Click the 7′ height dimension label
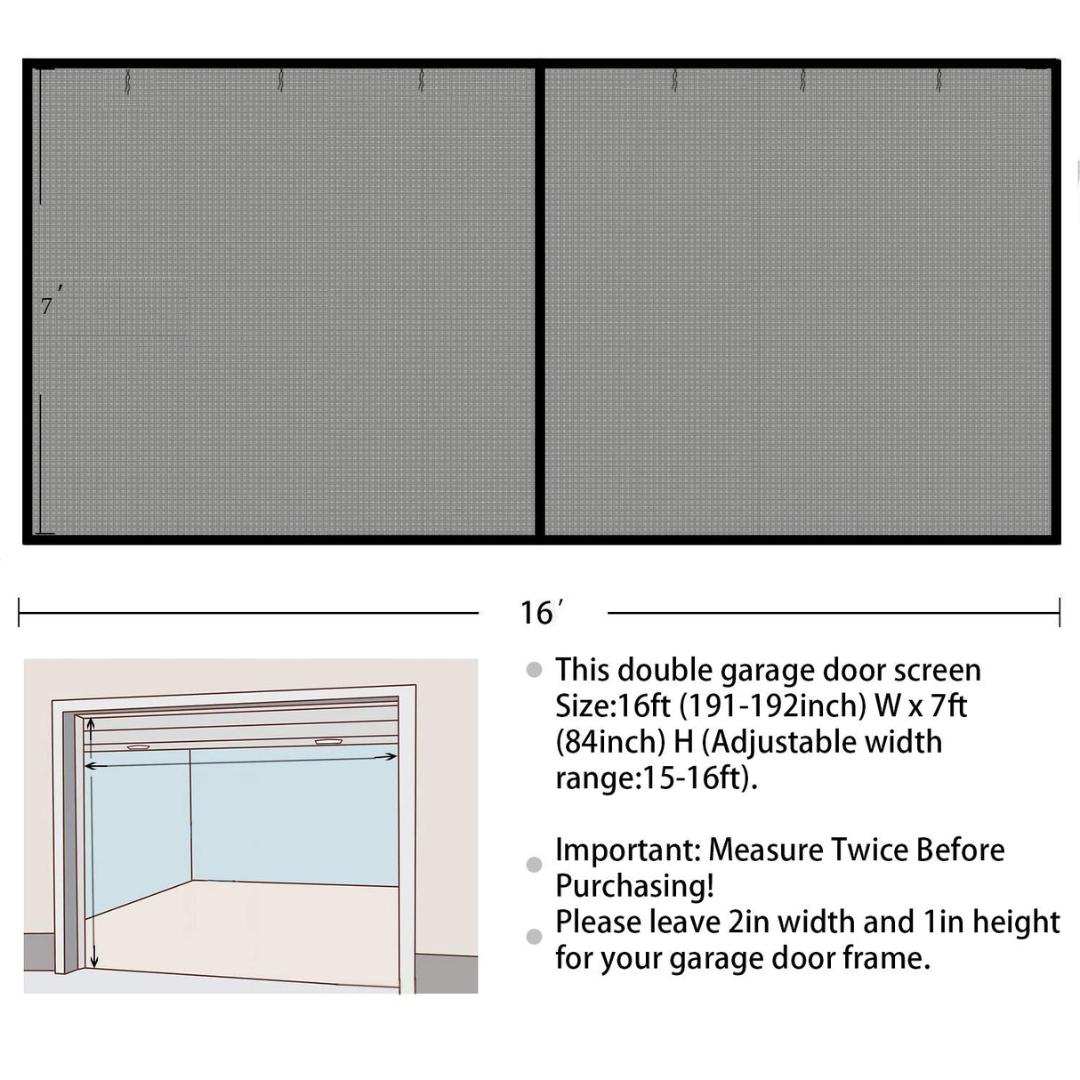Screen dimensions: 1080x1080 pyautogui.click(x=49, y=305)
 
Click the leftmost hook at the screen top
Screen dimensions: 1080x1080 pyautogui.click(x=127, y=81)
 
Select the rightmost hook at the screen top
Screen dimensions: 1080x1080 pyautogui.click(x=940, y=81)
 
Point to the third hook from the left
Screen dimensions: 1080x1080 pyautogui.click(x=420, y=81)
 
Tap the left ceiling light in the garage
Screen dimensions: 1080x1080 pyautogui.click(x=139, y=747)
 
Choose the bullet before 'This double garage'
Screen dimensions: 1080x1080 pyautogui.click(x=534, y=669)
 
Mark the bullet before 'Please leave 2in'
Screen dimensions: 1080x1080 pyautogui.click(x=534, y=936)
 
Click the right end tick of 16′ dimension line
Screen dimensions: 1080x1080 pyautogui.click(x=1060, y=613)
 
